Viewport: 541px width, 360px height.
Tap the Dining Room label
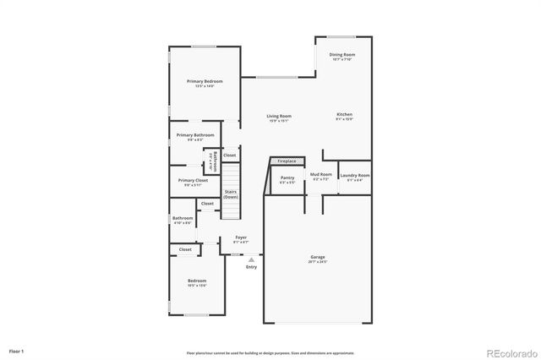(342, 55)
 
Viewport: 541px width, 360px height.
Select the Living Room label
(279, 117)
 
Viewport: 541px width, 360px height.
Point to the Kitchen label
(344, 115)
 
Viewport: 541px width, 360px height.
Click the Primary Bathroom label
(194, 135)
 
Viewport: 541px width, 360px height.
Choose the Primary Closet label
(193, 180)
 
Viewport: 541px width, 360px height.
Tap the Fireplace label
(287, 161)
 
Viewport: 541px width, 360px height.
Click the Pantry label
(287, 177)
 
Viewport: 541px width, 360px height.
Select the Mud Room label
(321, 175)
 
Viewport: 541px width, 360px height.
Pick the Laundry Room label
(355, 176)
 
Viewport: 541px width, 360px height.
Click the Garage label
(318, 257)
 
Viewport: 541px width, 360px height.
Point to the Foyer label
(241, 239)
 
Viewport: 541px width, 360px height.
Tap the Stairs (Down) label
(231, 194)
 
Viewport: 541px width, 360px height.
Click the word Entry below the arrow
(251, 267)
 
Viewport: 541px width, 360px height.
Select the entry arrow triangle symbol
(251, 259)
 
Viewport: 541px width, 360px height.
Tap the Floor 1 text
(16, 350)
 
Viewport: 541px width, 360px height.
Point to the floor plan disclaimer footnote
(270, 352)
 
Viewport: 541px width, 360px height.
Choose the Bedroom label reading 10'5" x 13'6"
(196, 281)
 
